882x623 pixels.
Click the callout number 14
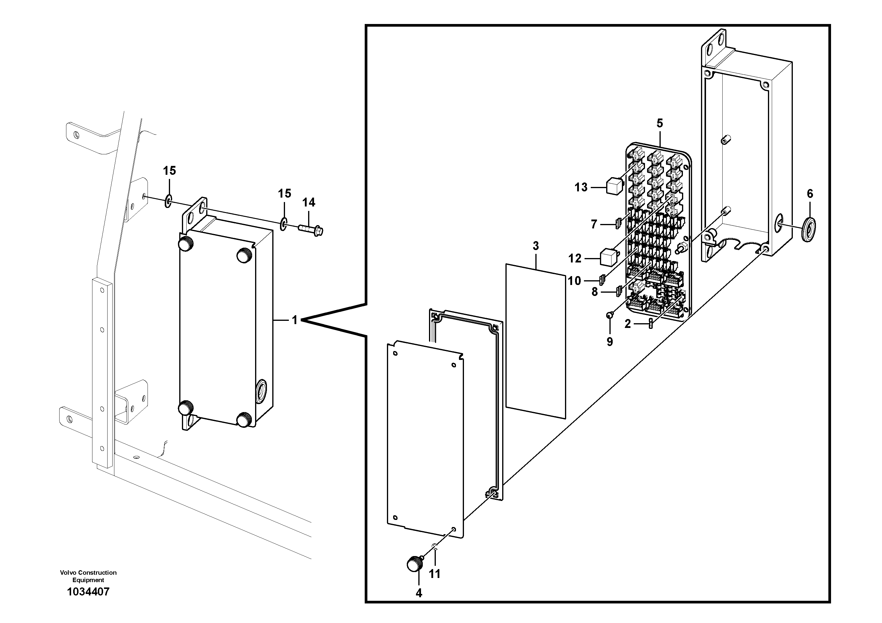click(309, 202)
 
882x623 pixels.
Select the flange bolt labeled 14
click(311, 230)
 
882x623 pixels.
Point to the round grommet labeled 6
click(810, 229)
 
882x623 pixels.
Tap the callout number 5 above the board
click(660, 123)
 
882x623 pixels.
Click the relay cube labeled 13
click(614, 186)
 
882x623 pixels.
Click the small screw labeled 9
click(609, 315)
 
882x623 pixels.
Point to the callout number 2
click(627, 324)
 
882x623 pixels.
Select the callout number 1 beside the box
click(294, 320)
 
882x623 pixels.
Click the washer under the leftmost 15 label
click(168, 201)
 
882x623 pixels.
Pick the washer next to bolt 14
click(284, 224)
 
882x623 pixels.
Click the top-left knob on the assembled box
click(186, 243)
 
